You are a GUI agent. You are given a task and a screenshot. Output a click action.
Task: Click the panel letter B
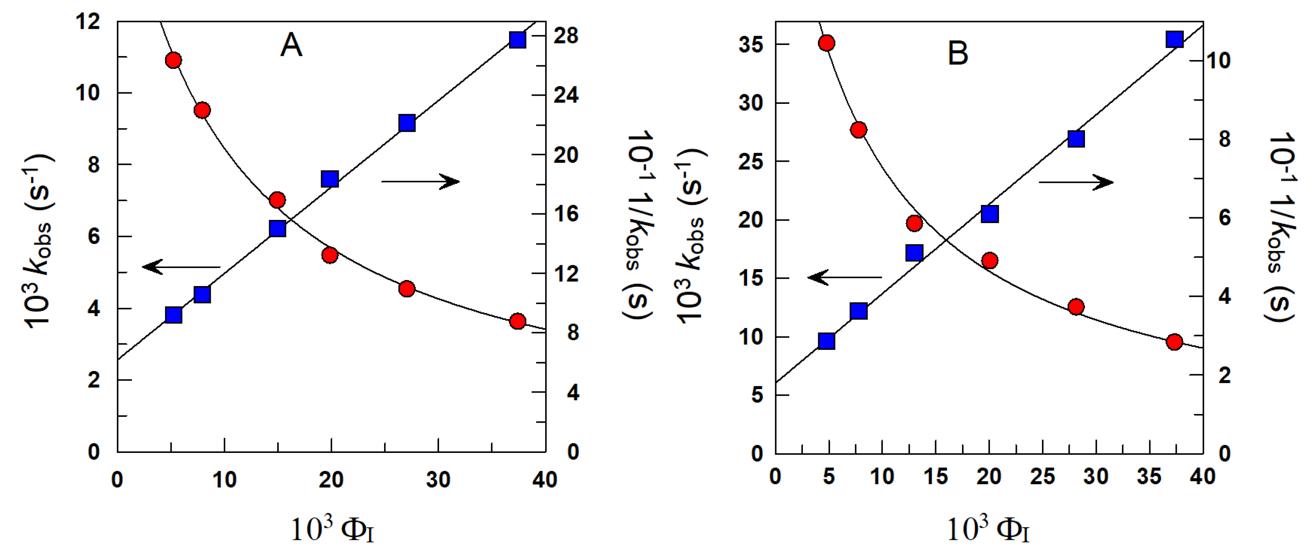(x=958, y=53)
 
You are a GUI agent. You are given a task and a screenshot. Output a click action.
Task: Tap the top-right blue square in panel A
(x=518, y=40)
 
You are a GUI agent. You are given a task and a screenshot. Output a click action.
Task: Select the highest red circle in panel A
(x=173, y=60)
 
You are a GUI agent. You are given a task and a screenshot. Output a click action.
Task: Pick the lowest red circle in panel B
(x=1174, y=342)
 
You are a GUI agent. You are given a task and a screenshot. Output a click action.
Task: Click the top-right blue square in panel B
(x=1174, y=39)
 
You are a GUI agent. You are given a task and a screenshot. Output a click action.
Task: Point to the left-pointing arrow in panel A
(x=181, y=266)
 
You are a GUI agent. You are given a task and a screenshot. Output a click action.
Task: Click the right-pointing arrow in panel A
(x=421, y=181)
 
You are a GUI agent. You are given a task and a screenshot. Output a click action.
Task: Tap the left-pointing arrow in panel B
(x=845, y=277)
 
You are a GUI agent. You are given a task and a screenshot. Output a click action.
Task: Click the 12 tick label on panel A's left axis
(x=88, y=22)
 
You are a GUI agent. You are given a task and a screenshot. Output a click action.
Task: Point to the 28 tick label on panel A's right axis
(x=566, y=36)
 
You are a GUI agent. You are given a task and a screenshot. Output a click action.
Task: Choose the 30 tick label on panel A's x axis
(x=438, y=479)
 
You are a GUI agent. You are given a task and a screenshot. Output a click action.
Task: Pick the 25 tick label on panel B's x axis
(x=1042, y=476)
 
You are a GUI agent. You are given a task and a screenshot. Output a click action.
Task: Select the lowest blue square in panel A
(x=174, y=315)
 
